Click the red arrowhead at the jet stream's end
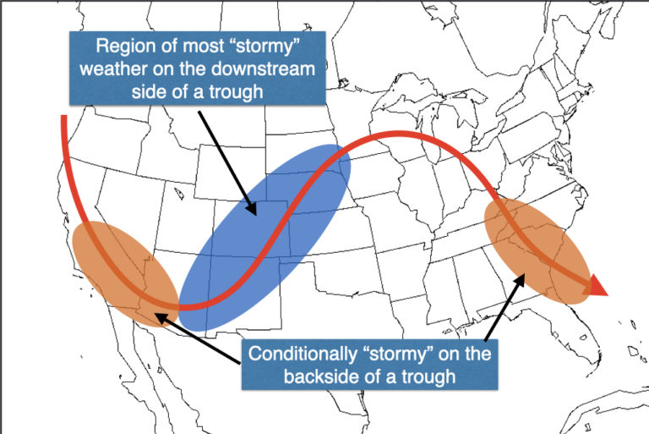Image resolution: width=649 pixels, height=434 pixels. [597, 288]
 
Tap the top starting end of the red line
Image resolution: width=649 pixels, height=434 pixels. [63, 118]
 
